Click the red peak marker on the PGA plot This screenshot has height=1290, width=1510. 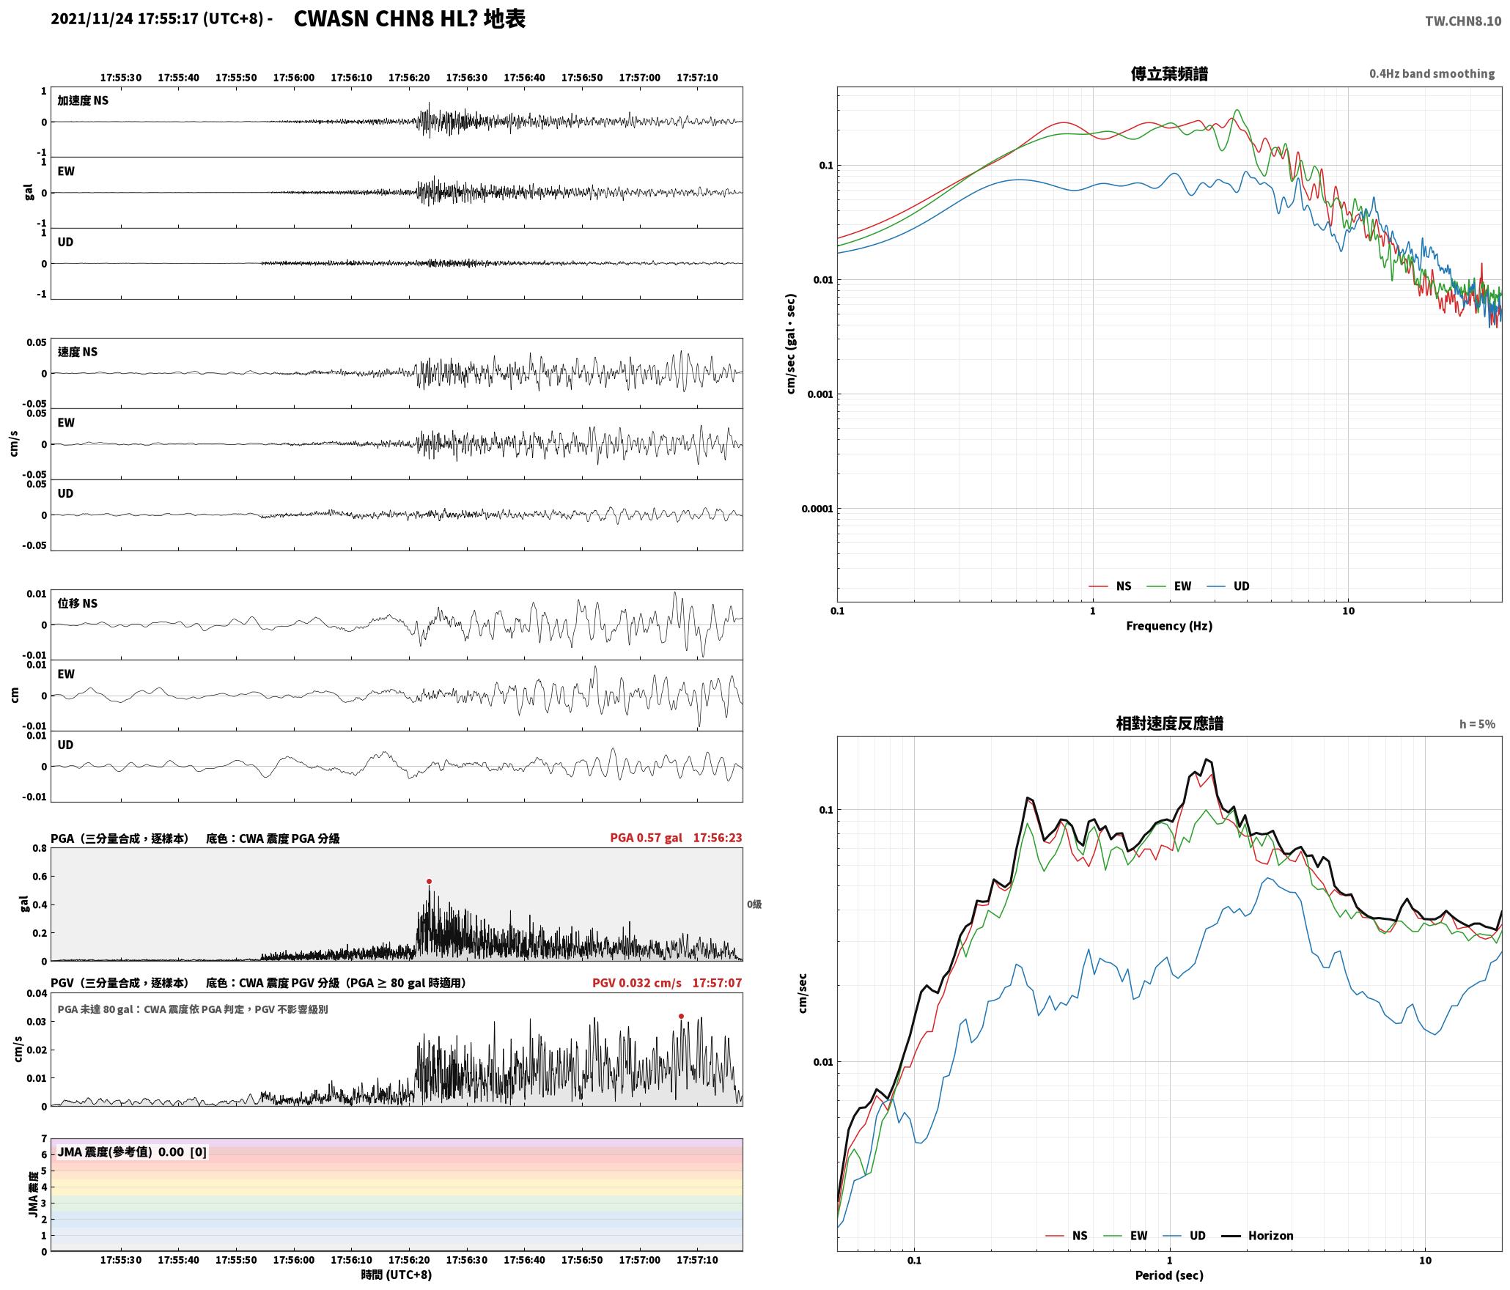pos(429,881)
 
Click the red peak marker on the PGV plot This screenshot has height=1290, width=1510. pos(681,1016)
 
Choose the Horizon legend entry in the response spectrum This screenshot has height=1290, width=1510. pos(1257,1236)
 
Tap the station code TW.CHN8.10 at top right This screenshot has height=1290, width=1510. pos(1463,21)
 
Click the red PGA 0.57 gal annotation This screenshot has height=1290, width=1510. pos(646,838)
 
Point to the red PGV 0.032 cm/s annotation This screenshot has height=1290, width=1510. pos(637,983)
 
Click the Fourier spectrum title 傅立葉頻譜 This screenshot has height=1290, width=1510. pos(1169,74)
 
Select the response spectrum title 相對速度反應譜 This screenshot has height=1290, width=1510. pos(1169,723)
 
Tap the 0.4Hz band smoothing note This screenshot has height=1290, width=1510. pos(1432,74)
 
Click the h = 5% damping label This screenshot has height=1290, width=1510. pos(1477,724)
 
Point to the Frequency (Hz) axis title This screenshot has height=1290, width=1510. pos(1169,626)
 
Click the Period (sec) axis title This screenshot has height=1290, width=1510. pos(1169,1275)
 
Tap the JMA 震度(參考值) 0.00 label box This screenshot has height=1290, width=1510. pos(132,1152)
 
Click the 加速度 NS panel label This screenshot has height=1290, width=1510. pos(83,100)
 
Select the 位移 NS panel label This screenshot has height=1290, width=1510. pos(78,604)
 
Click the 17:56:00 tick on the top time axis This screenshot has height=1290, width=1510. pos(294,78)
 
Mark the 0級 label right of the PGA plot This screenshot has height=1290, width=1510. pos(754,904)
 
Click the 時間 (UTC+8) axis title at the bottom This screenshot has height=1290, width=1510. pos(397,1275)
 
